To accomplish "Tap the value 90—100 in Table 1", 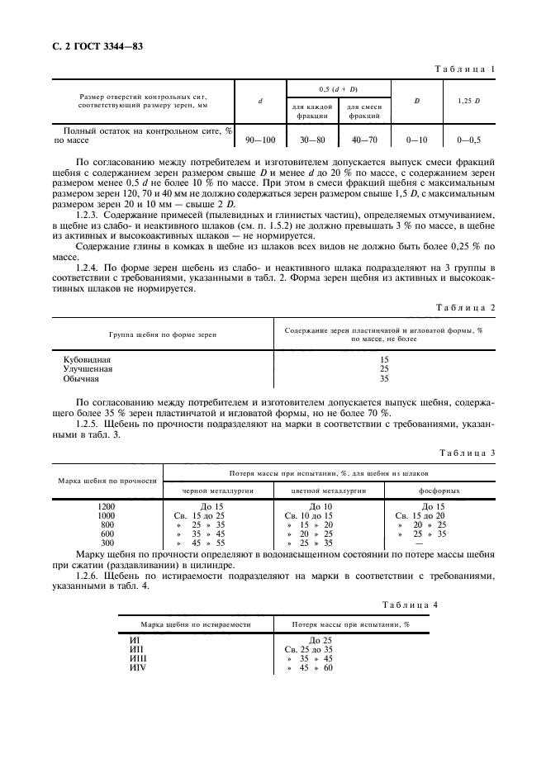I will pyautogui.click(x=261, y=140).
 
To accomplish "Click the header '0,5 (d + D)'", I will pyautogui.click(x=338, y=88).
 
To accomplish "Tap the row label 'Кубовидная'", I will pyautogui.click(x=88, y=360).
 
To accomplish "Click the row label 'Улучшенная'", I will pyautogui.click(x=88, y=370).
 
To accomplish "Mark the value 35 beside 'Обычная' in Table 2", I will pyautogui.click(x=383, y=380).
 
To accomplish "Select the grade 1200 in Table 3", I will pyautogui.click(x=107, y=505).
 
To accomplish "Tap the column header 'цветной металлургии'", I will pyautogui.click(x=320, y=490).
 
